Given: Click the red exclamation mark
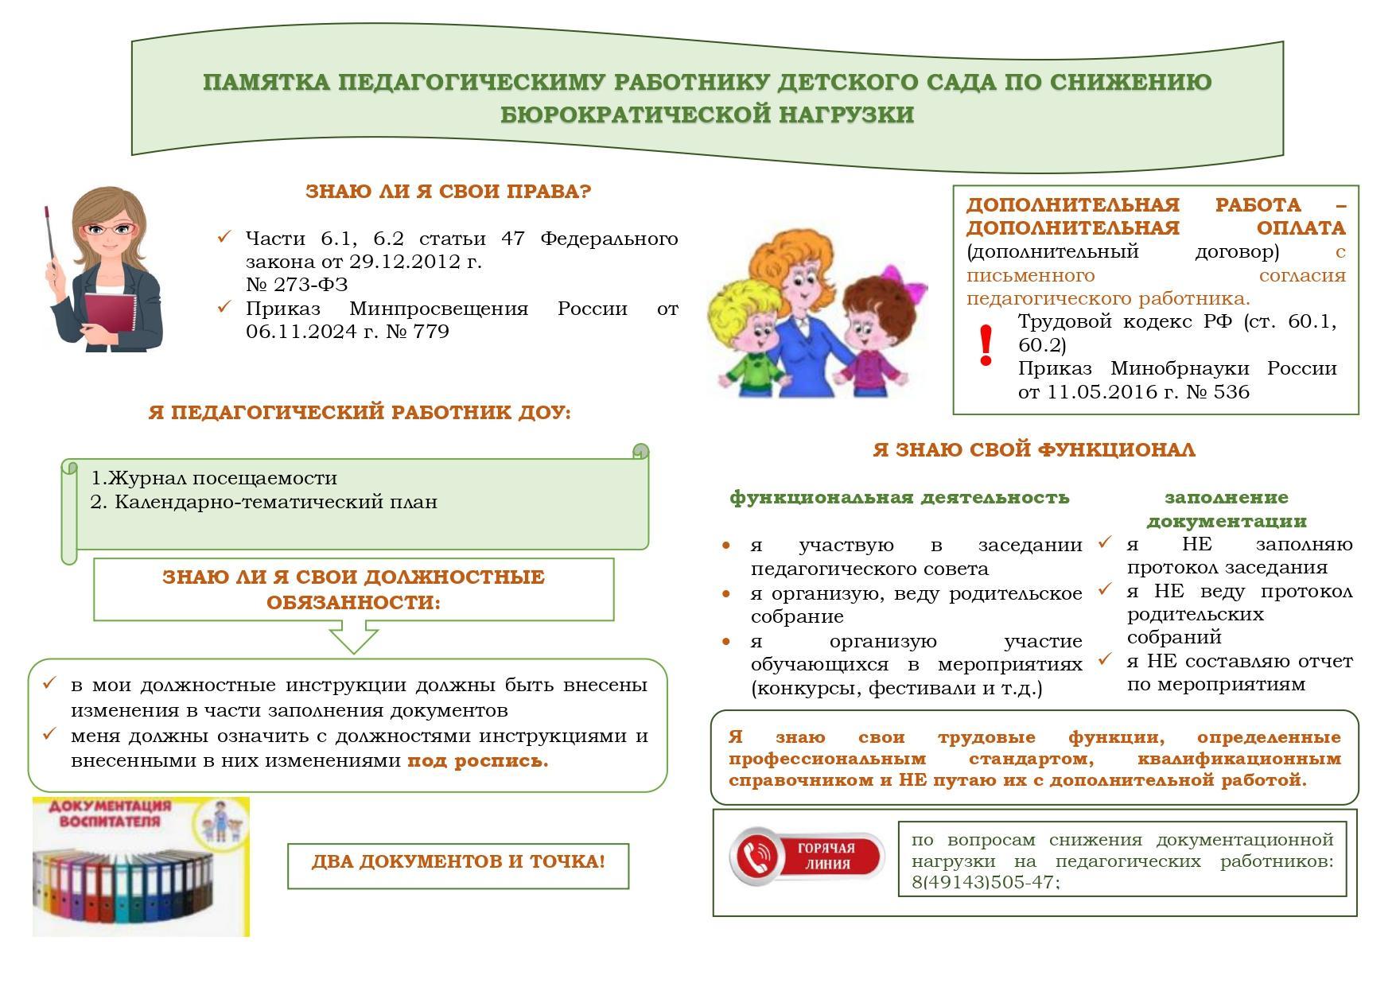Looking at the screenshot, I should (986, 346).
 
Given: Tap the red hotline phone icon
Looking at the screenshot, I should (756, 857).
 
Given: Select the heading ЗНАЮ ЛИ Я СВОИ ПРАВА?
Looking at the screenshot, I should (449, 192).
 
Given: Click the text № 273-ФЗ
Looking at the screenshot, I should (297, 285).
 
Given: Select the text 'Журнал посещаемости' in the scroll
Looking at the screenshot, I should (223, 478).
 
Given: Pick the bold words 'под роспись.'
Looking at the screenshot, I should (477, 761).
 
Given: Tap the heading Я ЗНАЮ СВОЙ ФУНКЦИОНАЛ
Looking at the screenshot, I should (1033, 450).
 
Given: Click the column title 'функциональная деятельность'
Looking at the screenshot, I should (899, 498).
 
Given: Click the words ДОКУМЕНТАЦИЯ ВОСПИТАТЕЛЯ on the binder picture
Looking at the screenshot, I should (110, 814).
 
